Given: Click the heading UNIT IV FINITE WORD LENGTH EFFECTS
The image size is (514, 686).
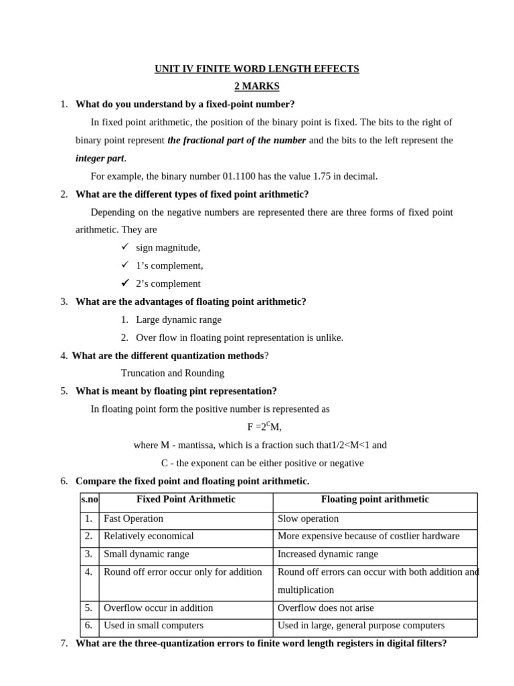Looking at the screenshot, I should (x=257, y=69).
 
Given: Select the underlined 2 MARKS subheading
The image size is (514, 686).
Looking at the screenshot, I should (x=257, y=86).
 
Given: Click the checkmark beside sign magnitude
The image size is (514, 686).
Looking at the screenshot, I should (x=124, y=247).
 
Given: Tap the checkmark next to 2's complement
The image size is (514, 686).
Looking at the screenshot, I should (x=124, y=283).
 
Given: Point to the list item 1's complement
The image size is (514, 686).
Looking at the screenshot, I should (x=169, y=265).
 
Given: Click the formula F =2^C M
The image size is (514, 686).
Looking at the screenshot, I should (x=264, y=427).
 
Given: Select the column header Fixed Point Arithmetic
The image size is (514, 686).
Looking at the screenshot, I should (x=185, y=500).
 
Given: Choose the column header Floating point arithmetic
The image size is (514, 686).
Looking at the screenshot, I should (x=375, y=500).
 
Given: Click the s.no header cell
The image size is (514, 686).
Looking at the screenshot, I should (x=89, y=500).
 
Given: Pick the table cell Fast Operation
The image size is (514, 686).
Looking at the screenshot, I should (x=133, y=519).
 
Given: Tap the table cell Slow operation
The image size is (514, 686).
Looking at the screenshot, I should (x=308, y=519).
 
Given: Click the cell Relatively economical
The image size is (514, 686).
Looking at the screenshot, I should (x=149, y=536).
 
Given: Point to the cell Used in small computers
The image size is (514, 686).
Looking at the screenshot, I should (x=153, y=625).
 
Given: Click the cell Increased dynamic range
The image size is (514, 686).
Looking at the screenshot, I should (x=327, y=554).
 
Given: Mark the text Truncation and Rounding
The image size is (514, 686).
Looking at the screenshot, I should (x=173, y=373).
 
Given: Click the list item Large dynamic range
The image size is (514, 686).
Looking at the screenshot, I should (x=178, y=320).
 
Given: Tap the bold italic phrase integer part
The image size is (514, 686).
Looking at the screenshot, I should (x=100, y=158).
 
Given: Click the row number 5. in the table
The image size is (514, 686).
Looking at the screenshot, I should (x=88, y=608).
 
